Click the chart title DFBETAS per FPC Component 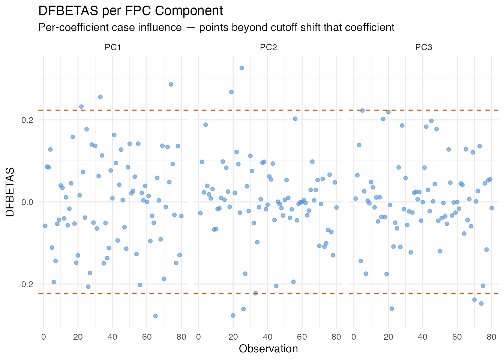coord(130,11)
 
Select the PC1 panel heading coord(113,47)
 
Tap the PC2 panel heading coord(268,47)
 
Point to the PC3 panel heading coord(423,47)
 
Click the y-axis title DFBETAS coord(10,192)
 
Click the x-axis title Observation coord(268,349)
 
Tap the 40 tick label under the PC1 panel coord(112,337)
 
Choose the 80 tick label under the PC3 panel coord(492,337)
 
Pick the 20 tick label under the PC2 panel coord(233,337)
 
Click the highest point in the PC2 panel coord(242,68)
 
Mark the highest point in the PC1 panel coord(171,84)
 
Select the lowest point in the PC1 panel coord(155,316)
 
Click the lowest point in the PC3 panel coord(391,309)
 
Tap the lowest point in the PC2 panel coord(233,315)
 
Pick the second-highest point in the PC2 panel coord(231,92)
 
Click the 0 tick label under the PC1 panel coord(43,337)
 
